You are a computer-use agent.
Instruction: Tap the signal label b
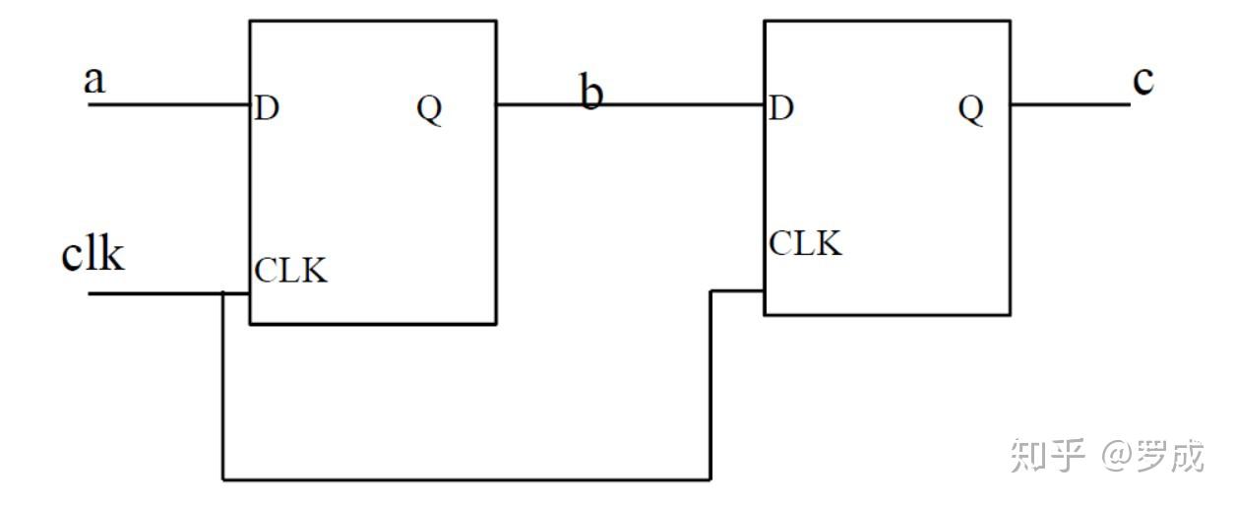tap(590, 95)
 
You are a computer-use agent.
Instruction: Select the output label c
tap(1142, 82)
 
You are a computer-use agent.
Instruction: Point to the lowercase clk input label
tap(93, 254)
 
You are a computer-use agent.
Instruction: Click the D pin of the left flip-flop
tap(266, 108)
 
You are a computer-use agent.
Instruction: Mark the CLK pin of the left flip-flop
tap(291, 270)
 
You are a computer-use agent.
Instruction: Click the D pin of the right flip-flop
tap(780, 108)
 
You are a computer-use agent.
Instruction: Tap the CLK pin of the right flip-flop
tap(806, 242)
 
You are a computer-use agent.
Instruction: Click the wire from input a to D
tap(167, 103)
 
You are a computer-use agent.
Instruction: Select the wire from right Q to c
tap(1070, 103)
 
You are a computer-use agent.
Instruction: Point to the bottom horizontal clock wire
tap(467, 479)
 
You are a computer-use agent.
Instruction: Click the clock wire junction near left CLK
tap(223, 293)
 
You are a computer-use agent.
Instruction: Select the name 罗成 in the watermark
tap(1171, 456)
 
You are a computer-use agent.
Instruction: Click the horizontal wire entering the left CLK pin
tap(237, 293)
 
